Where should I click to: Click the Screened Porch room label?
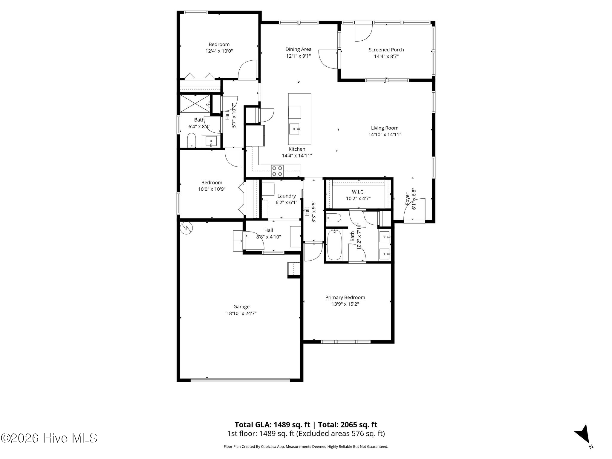point(386,50)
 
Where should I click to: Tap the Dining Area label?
point(298,49)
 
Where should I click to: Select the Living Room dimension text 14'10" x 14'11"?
point(385,134)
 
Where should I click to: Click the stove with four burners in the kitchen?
point(277,171)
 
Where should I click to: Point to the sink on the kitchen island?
point(295,129)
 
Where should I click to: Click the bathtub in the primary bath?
point(334,244)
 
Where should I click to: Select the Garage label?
point(241,307)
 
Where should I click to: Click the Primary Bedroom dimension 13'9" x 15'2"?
point(345,304)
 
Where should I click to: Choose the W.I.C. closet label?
point(358,192)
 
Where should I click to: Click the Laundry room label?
point(287,196)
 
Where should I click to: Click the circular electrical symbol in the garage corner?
point(186,228)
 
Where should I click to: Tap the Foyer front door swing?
point(414,209)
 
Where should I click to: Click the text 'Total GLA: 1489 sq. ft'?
point(272,425)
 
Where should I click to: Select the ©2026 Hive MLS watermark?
point(49,438)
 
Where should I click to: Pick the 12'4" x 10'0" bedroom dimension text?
point(219,51)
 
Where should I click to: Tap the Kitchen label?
point(297,149)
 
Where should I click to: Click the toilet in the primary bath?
point(333,218)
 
